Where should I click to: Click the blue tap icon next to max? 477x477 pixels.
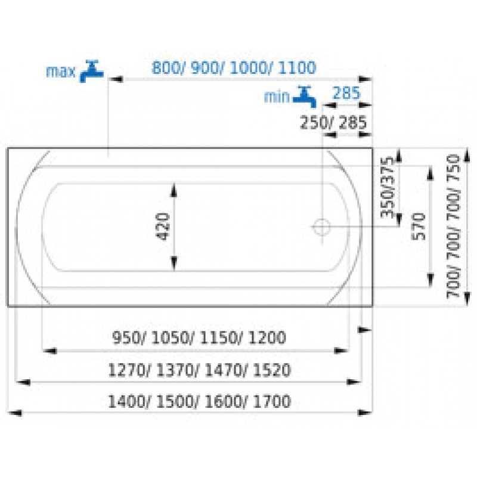pos(91,71)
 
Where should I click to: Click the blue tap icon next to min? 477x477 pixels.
pos(305,97)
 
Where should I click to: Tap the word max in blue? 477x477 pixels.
pos(61,72)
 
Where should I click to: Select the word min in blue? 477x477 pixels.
pos(277,97)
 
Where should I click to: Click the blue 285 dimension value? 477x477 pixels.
pos(346,93)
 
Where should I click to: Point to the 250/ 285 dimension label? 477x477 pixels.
pos(333,123)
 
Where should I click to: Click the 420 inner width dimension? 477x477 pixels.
pos(163,227)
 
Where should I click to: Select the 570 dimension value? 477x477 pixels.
pos(419,227)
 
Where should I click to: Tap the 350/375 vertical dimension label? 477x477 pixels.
pos(388,187)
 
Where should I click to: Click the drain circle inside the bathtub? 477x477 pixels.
pos(321,227)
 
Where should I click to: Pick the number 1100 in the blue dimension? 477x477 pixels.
pos(297,67)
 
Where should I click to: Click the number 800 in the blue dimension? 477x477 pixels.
pos(166,67)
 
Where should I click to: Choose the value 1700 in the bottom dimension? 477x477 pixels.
pos(272,401)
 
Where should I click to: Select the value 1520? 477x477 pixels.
pos(272,370)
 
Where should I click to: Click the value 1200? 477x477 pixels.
pos(267,337)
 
